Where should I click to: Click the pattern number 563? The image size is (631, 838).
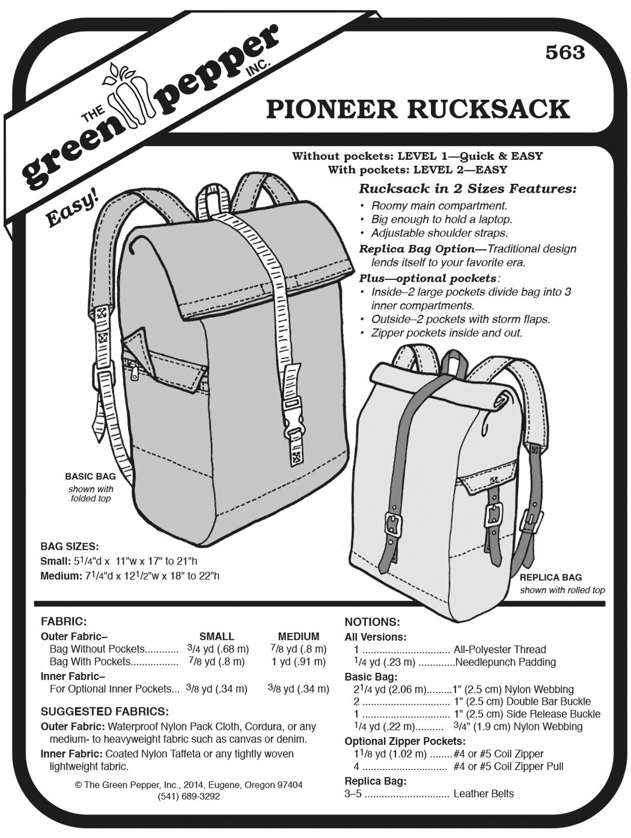(565, 53)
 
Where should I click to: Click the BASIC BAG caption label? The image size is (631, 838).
(90, 476)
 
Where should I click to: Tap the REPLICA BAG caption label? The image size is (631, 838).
(551, 577)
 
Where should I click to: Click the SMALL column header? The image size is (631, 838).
(217, 636)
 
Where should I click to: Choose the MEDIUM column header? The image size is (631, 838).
(299, 636)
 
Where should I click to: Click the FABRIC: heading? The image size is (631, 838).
(64, 622)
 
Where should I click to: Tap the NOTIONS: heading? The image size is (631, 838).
(373, 622)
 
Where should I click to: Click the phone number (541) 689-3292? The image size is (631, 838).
(189, 797)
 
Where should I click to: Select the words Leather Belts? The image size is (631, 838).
(484, 794)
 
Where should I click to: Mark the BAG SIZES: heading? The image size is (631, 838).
(70, 547)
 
